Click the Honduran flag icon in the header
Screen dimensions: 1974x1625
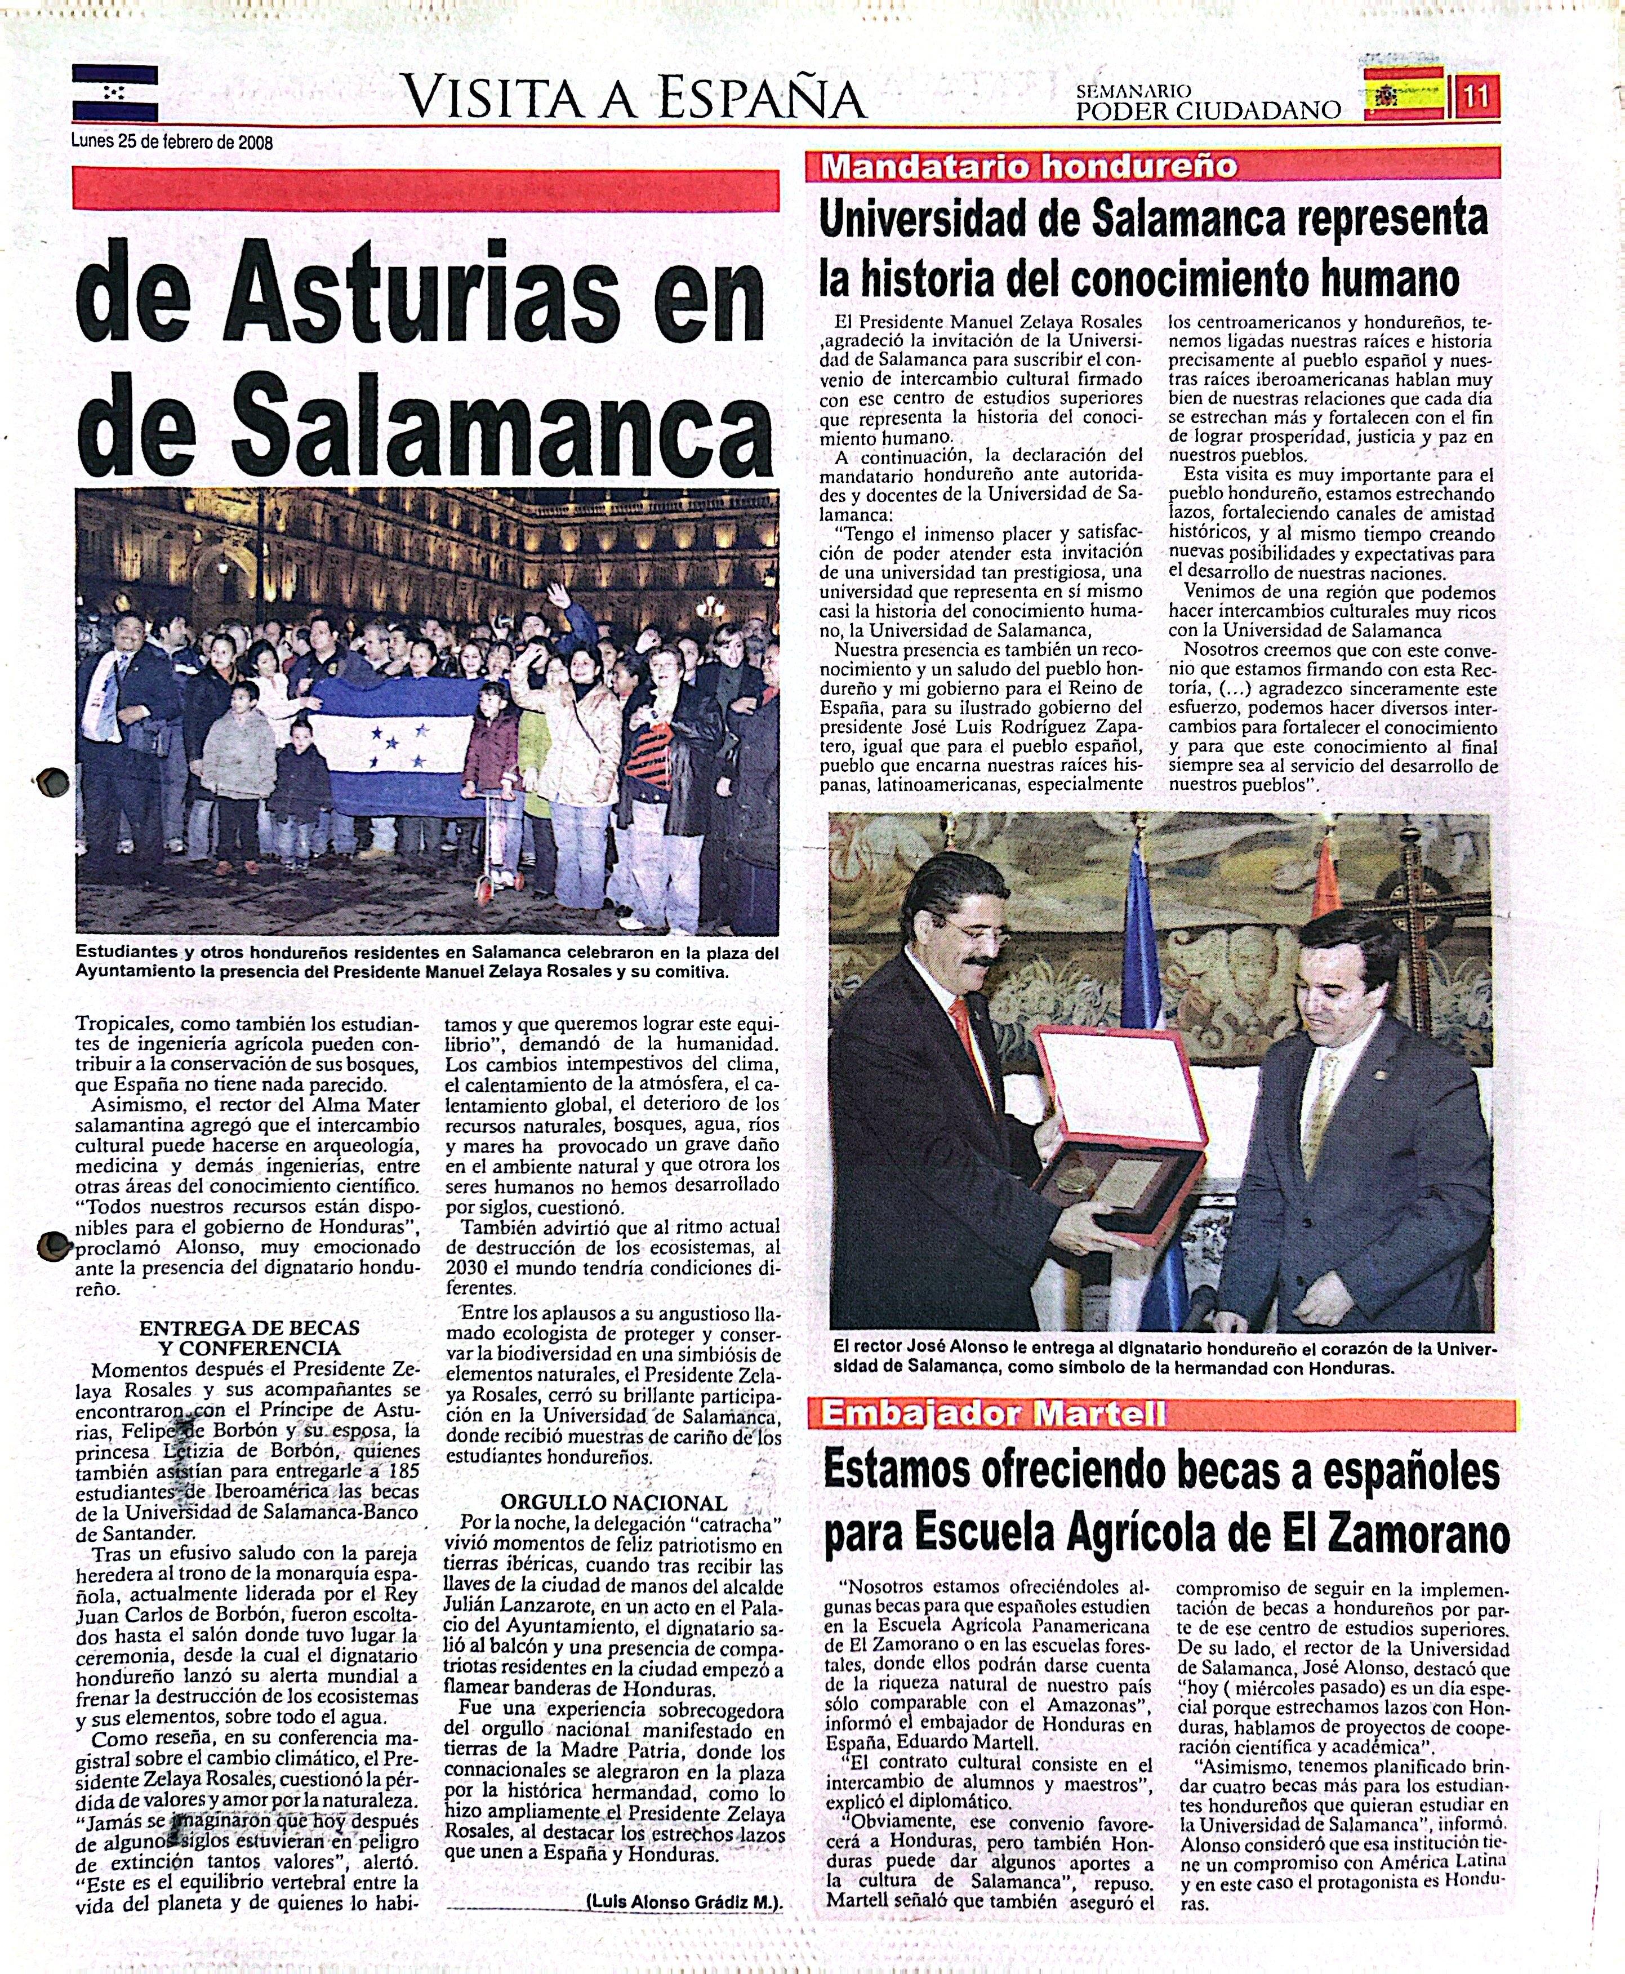point(114,92)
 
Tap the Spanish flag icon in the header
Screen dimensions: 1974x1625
point(1404,94)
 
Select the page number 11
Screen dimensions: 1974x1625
point(1477,95)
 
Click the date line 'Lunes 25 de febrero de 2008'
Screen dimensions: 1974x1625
point(172,143)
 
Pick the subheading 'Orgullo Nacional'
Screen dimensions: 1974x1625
point(613,1503)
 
